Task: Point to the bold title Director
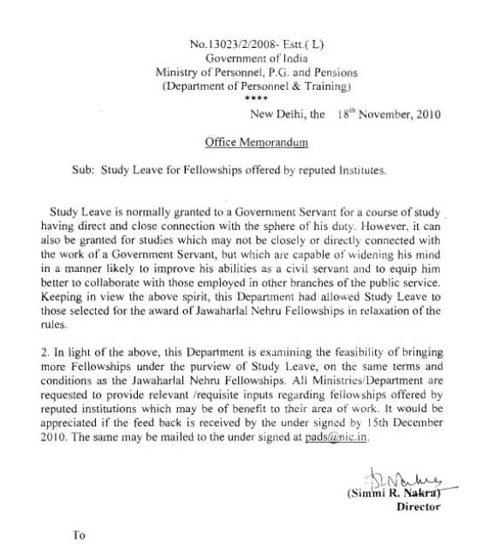click(x=418, y=506)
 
